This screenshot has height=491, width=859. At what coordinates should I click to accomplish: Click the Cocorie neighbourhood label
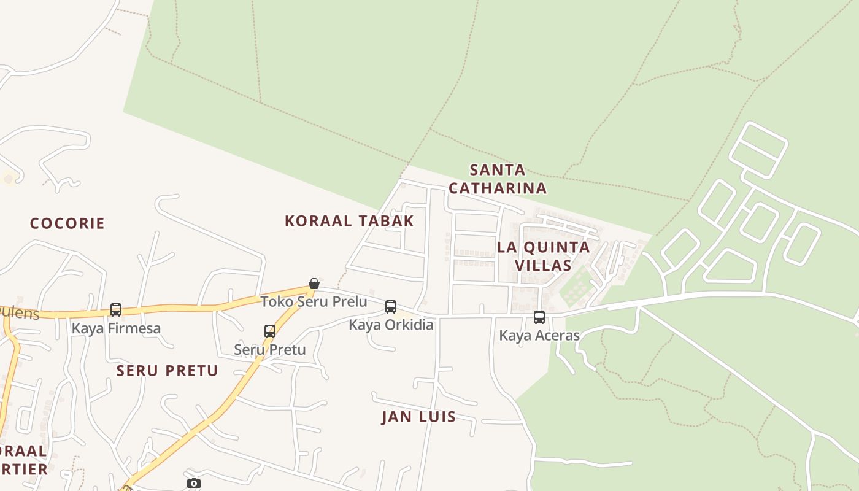67,223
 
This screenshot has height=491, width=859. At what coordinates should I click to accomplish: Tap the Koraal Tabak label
349,221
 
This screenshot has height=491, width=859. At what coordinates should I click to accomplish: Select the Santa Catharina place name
498,179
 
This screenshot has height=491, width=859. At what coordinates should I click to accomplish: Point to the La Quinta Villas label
544,256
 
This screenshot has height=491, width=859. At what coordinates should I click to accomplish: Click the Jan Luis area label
419,417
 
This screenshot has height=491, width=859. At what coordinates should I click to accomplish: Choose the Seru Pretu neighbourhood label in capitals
168,371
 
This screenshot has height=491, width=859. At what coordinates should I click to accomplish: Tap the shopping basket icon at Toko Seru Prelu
314,284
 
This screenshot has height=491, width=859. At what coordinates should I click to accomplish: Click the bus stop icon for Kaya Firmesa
116,310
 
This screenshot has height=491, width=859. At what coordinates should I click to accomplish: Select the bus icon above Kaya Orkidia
391,307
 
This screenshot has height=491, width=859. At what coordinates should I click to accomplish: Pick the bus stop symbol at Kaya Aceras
539,317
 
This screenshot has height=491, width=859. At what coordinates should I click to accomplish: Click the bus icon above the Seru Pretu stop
270,331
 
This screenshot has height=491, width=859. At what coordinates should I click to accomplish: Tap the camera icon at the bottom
193,484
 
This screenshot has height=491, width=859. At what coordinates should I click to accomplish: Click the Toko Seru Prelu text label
314,301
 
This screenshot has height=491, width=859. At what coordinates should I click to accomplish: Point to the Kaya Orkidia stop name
391,325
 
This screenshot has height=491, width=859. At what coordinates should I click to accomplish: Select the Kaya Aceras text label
539,335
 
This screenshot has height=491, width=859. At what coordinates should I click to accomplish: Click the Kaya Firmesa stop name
116,328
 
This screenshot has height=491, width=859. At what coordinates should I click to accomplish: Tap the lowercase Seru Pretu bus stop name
270,349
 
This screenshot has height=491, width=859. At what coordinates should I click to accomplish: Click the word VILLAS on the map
544,265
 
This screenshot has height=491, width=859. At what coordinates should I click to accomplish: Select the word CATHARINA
498,188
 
